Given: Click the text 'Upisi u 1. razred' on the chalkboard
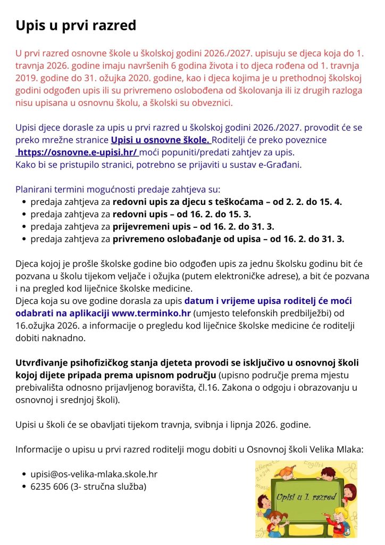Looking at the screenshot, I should click(x=306, y=498).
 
